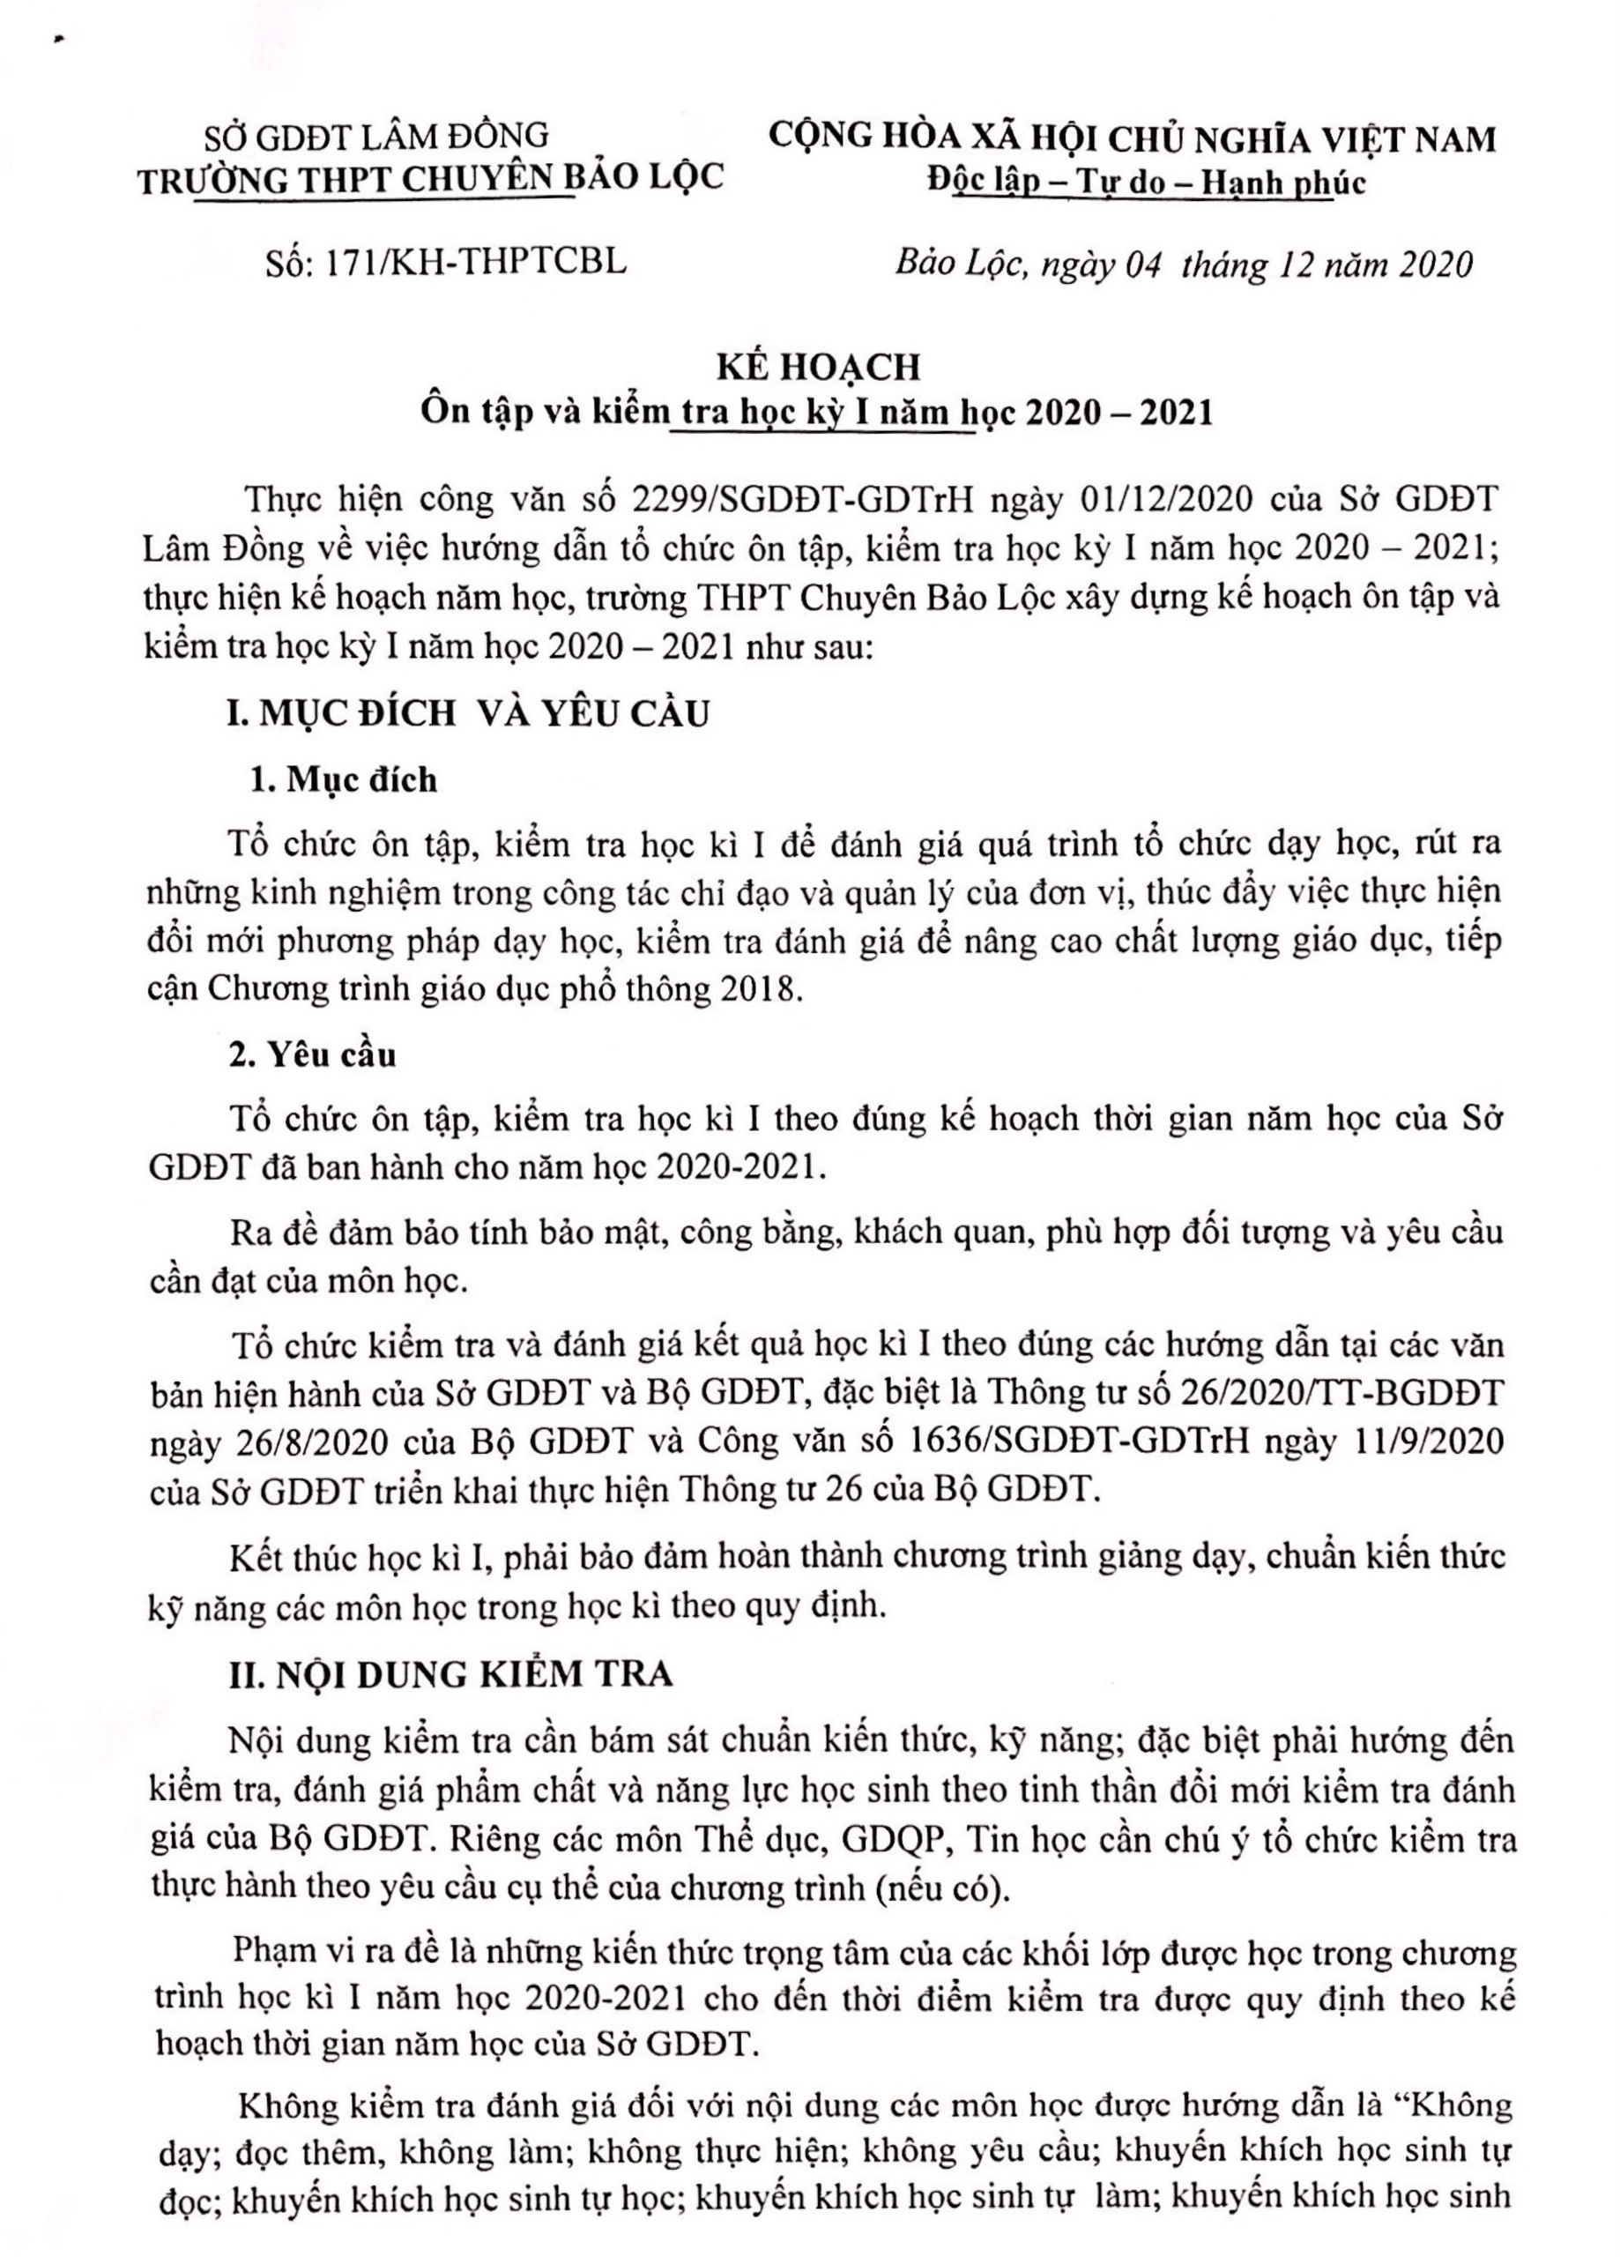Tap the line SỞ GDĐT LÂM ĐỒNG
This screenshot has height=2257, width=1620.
[376, 134]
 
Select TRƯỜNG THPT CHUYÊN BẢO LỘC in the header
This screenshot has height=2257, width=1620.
[431, 178]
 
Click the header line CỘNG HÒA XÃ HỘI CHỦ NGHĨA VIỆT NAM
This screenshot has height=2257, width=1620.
[1133, 138]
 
